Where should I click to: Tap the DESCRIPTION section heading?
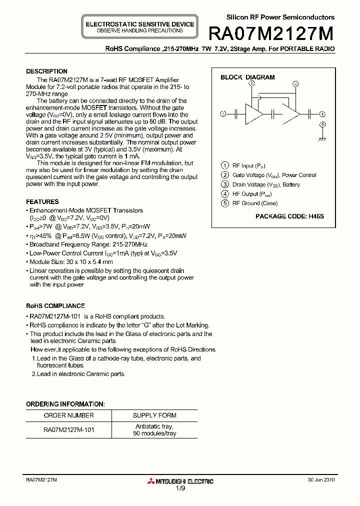click(x=46, y=71)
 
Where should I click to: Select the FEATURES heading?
click(x=42, y=202)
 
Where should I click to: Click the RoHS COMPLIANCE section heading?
click(x=55, y=306)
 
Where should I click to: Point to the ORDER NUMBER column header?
click(x=68, y=415)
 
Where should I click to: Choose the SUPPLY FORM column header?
click(x=154, y=415)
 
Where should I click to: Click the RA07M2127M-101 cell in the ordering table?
click(x=68, y=429)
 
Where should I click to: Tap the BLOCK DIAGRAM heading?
click(x=247, y=77)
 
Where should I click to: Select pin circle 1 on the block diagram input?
click(x=223, y=113)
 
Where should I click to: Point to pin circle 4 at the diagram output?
click(x=322, y=113)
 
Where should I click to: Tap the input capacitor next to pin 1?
click(x=235, y=114)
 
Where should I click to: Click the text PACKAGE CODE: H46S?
click(x=289, y=216)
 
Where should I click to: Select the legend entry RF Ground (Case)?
click(x=254, y=203)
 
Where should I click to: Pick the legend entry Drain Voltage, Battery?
click(x=266, y=184)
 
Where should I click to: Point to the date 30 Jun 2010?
click(x=321, y=479)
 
